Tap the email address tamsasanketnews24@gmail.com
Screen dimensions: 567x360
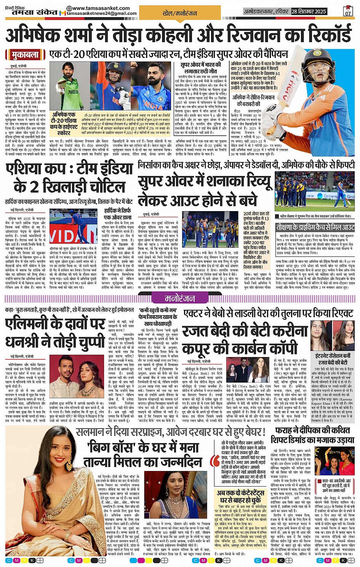click(x=101, y=13)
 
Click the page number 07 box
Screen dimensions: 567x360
click(x=348, y=11)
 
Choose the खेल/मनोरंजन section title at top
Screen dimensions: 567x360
click(x=180, y=13)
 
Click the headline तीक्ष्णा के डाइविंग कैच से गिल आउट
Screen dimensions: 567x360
click(x=315, y=227)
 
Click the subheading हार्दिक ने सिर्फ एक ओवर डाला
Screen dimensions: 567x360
click(x=117, y=213)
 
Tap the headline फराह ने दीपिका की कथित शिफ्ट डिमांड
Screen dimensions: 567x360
click(x=312, y=435)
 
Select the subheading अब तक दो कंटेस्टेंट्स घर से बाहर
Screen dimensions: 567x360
click(x=240, y=497)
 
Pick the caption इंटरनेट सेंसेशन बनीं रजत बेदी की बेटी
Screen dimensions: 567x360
click(x=333, y=359)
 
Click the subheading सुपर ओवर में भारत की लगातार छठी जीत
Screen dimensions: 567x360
click(x=200, y=68)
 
